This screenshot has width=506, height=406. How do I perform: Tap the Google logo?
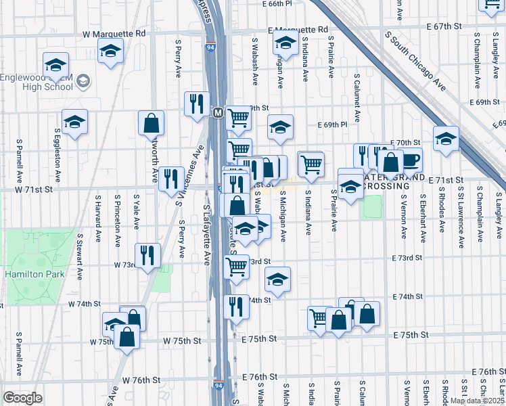[22, 397]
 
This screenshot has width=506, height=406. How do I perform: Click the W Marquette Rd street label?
[114, 33]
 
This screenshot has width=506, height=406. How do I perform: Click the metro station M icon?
[218, 112]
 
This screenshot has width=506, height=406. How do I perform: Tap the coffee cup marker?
[411, 160]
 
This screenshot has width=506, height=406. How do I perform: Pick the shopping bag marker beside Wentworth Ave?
[152, 122]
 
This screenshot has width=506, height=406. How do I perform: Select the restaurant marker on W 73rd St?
[147, 255]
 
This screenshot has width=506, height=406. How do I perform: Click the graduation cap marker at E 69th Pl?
[280, 126]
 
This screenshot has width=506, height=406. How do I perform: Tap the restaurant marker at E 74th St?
[235, 305]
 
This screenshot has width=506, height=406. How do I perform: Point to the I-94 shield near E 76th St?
[218, 382]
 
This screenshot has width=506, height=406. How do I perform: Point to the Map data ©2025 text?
[477, 401]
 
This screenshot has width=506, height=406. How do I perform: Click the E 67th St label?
[443, 26]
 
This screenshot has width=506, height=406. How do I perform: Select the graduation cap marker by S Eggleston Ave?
[74, 121]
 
